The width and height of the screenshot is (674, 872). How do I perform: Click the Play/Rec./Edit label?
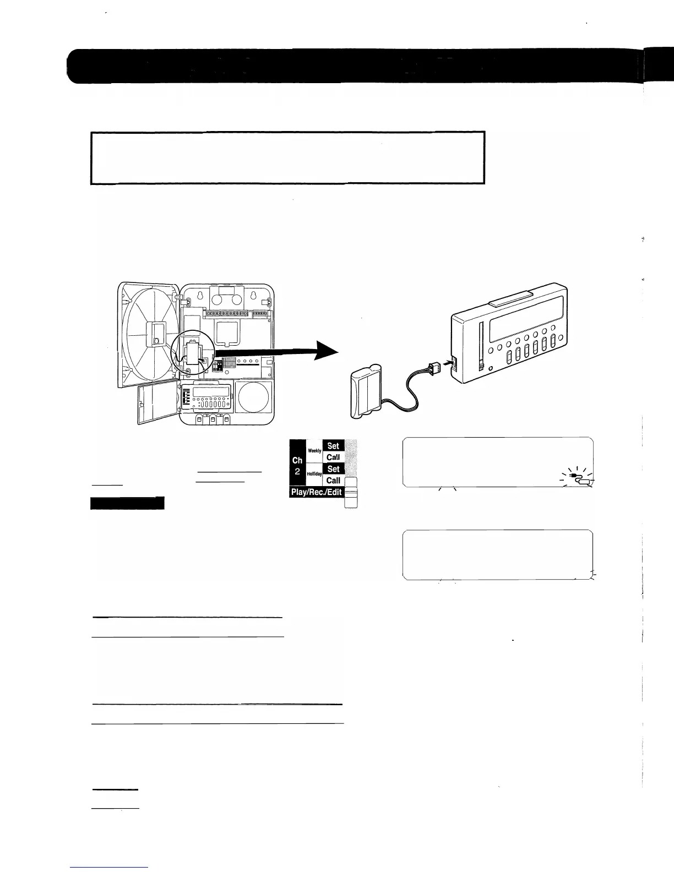pos(317,492)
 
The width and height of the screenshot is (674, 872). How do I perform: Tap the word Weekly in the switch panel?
pos(314,451)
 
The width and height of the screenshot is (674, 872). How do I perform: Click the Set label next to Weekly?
pos(333,445)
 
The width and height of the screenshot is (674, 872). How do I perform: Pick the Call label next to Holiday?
pos(333,481)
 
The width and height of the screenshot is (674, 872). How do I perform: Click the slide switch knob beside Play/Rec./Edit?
pos(351,488)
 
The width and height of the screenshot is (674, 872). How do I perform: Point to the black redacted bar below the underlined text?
pos(127,503)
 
